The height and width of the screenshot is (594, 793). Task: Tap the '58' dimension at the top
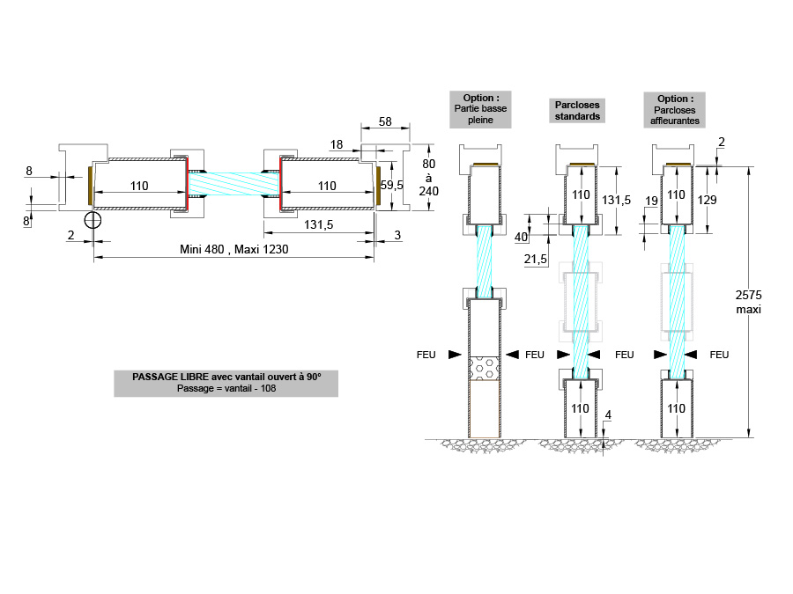click(x=385, y=122)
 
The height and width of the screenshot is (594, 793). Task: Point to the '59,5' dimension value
click(x=392, y=186)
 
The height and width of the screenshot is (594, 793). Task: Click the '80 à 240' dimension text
click(x=429, y=178)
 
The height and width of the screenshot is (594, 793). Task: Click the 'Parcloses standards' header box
click(x=578, y=110)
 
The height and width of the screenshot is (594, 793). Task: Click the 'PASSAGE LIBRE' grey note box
click(x=226, y=383)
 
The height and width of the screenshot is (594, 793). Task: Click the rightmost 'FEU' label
click(x=719, y=355)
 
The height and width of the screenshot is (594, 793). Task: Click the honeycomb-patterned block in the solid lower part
click(x=485, y=367)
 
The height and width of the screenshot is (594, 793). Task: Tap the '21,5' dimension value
click(x=535, y=260)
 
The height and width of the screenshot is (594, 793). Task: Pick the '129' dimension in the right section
click(x=707, y=201)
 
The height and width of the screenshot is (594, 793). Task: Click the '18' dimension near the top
click(x=337, y=143)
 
